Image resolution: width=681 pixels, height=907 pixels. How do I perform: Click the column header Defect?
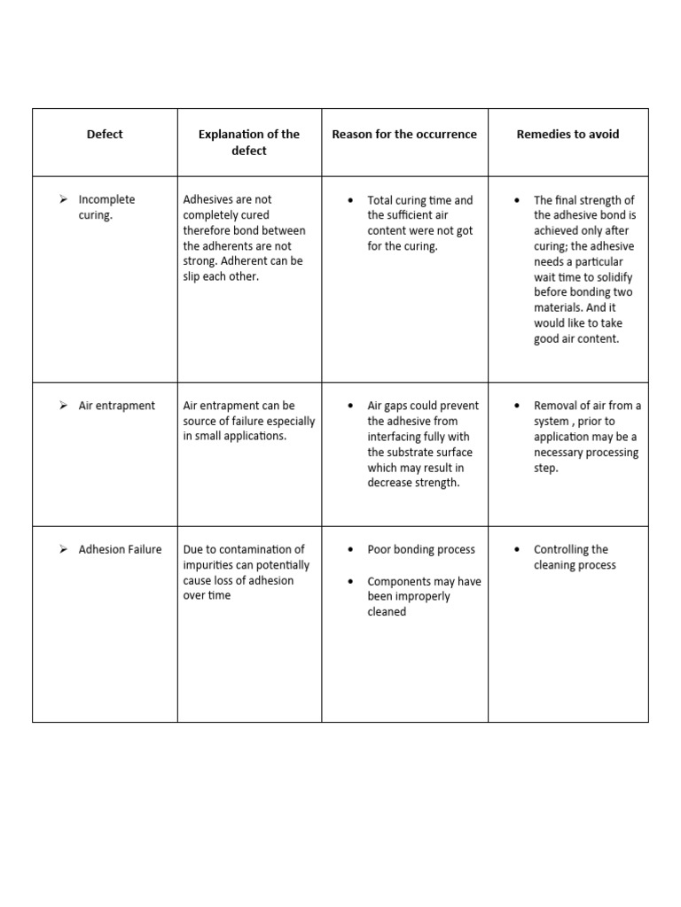105,135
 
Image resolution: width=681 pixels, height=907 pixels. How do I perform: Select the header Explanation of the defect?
249,142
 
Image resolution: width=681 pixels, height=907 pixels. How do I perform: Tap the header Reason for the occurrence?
404,135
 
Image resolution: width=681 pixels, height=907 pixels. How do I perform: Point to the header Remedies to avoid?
567,135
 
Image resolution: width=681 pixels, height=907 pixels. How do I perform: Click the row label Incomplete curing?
106,207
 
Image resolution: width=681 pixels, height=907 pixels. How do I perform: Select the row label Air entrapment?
116,406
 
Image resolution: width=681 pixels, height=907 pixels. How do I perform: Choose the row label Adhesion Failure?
120,549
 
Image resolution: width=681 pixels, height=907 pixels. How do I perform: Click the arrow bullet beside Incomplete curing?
64,199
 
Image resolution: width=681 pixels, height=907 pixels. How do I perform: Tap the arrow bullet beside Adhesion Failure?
64,549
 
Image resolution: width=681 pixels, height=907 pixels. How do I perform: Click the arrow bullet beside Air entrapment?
64,406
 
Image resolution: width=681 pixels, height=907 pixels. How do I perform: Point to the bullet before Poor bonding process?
352,550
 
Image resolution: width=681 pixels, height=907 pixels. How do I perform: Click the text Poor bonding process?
421,550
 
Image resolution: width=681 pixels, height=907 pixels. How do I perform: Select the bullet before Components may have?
352,582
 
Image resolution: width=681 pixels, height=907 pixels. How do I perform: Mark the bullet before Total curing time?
352,201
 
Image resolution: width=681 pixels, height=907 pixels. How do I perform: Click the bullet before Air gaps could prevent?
352,407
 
